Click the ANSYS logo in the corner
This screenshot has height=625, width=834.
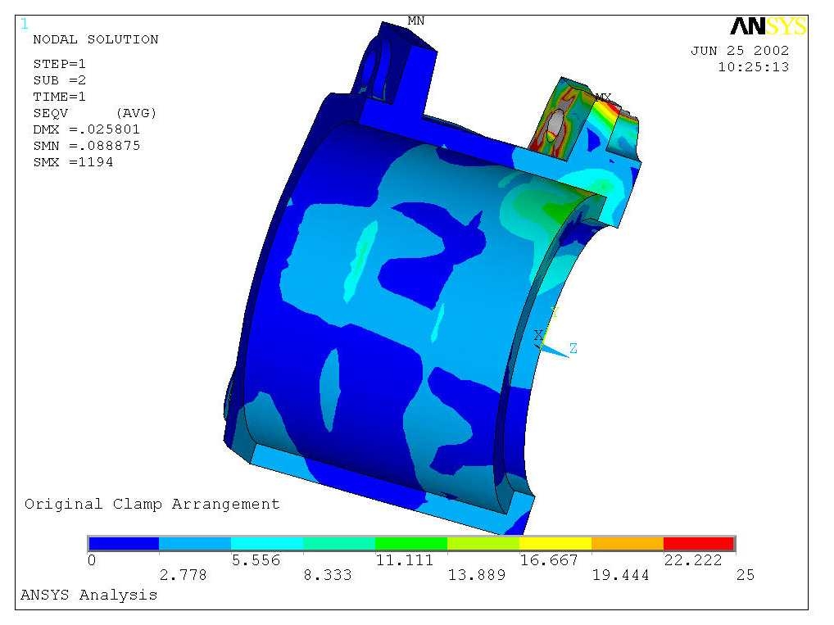[768, 27]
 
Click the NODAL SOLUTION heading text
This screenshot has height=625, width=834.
[95, 39]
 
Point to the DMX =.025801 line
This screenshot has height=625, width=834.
[86, 129]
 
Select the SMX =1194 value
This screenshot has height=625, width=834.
[73, 162]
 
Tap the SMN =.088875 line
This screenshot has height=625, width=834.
[86, 146]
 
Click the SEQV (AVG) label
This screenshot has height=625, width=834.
[94, 112]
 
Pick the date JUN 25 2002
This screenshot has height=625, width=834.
[740, 51]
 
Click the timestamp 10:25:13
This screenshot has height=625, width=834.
[753, 67]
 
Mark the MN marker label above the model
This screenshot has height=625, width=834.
[416, 20]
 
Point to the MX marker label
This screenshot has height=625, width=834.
[603, 97]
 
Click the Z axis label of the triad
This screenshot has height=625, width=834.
[573, 349]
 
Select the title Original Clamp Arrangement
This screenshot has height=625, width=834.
[152, 504]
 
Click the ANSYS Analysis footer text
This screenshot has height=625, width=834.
[88, 595]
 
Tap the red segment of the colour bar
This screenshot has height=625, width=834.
[698, 543]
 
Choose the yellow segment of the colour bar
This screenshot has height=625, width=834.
[555, 543]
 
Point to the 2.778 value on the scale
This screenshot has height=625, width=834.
[183, 576]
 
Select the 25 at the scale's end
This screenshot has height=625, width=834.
[745, 576]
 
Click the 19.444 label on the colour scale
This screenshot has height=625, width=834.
[620, 576]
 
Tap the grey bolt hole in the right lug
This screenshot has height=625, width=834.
[556, 123]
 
